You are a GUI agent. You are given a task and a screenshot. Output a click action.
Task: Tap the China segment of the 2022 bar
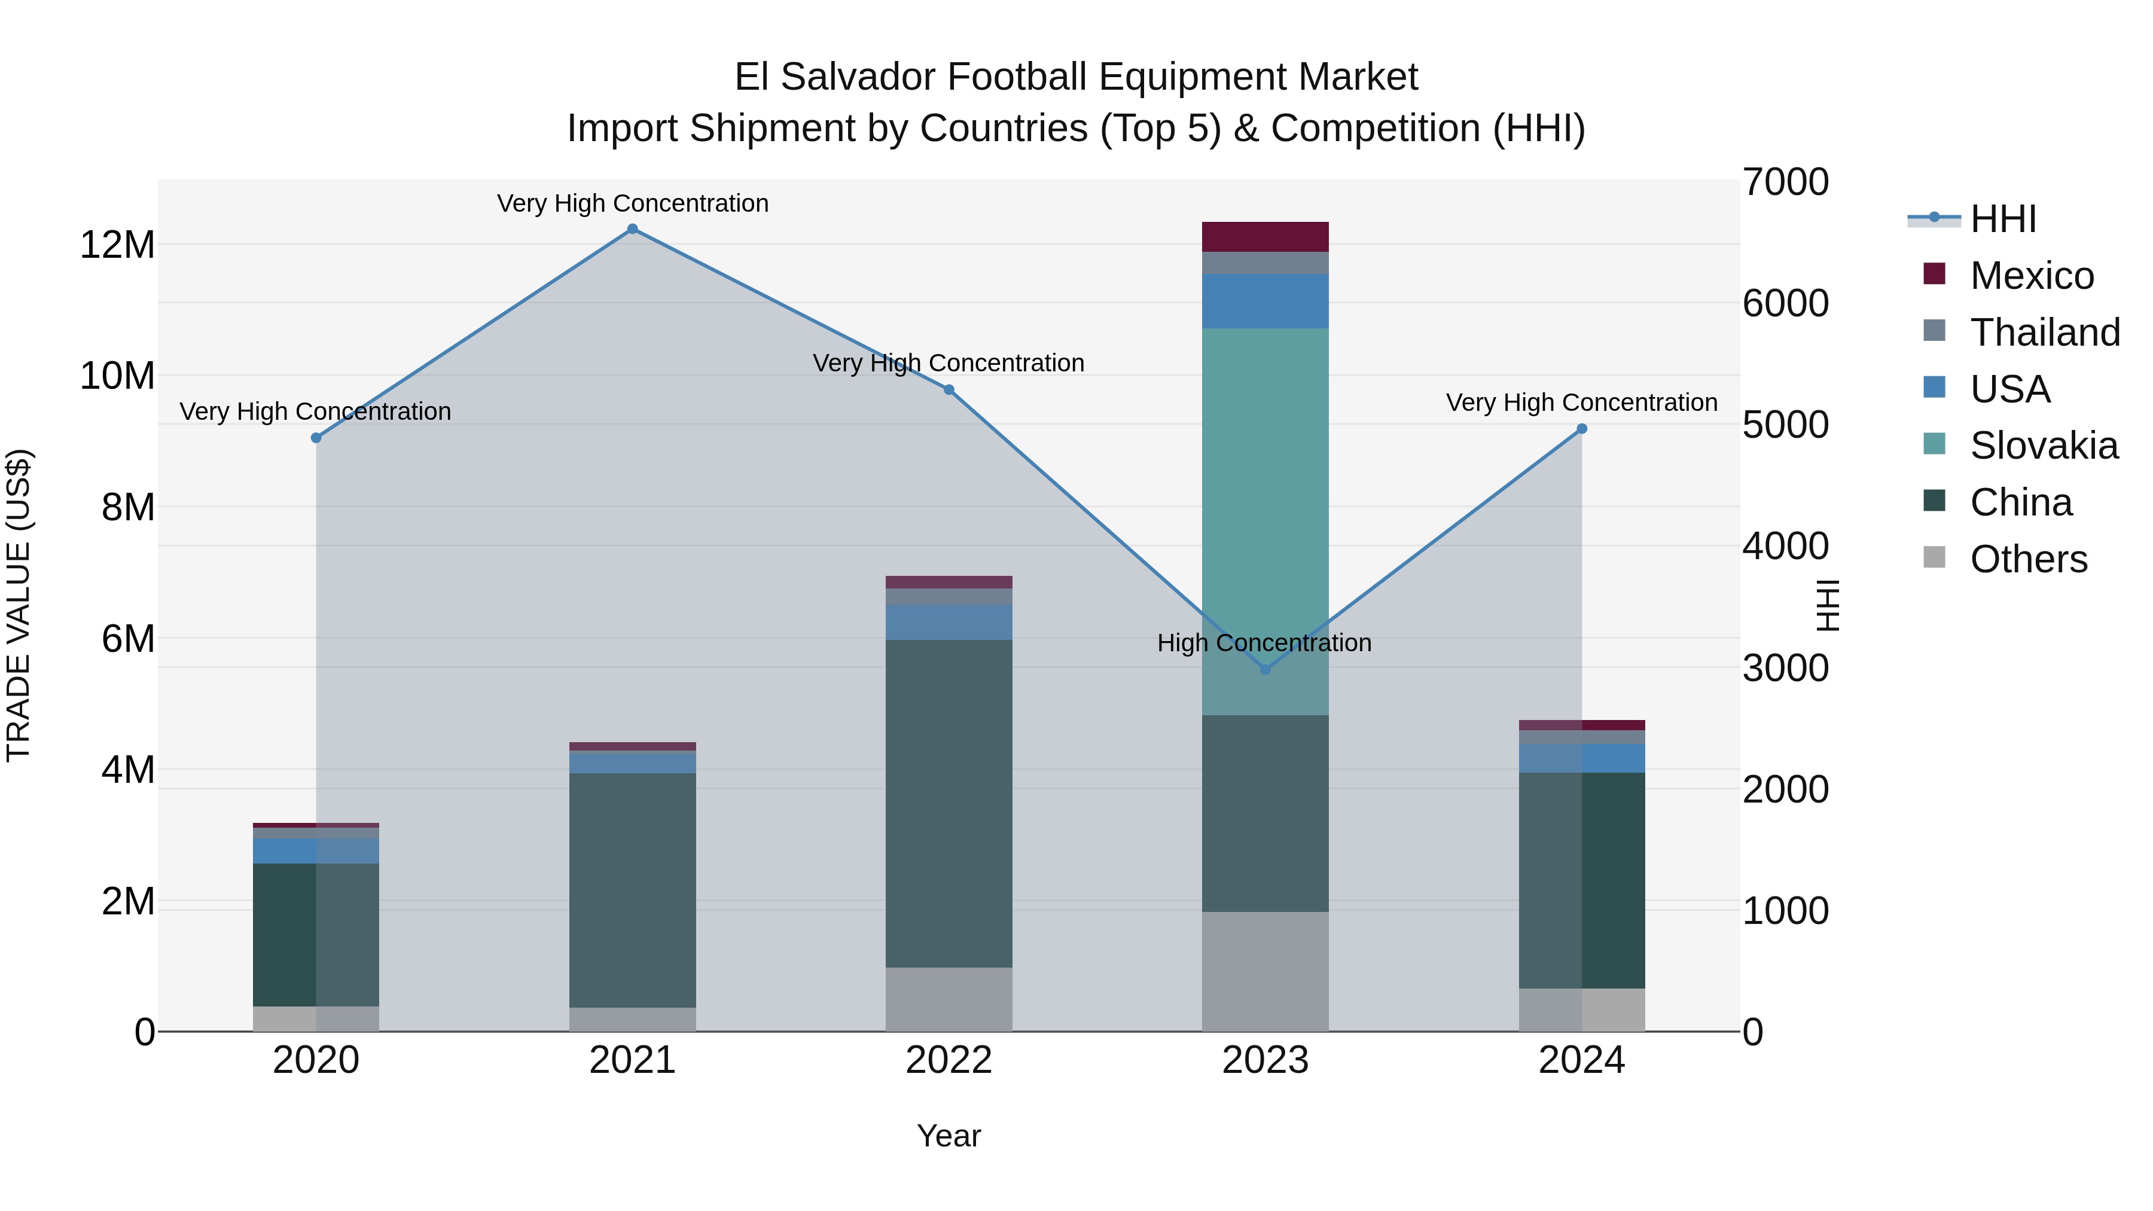click(949, 803)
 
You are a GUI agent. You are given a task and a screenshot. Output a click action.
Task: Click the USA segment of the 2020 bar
click(316, 851)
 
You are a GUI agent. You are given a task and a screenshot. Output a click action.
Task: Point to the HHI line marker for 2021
click(632, 229)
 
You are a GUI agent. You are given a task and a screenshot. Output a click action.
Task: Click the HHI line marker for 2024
click(1581, 429)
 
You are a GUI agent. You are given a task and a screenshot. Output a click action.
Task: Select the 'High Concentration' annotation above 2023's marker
click(1264, 643)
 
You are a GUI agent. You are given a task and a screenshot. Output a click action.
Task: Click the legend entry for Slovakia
click(2044, 446)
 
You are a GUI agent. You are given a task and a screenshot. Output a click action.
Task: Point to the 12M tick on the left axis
click(117, 245)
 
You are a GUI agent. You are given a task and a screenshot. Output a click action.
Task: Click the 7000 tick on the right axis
click(1785, 182)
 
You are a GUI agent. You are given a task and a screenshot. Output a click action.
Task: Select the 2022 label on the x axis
click(949, 1060)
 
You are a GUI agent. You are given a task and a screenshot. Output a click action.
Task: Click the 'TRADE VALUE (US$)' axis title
click(19, 605)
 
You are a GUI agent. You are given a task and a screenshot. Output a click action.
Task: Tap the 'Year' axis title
click(949, 1136)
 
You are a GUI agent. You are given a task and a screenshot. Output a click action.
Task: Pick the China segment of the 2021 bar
click(632, 889)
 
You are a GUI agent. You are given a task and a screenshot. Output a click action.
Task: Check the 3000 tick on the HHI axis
click(1785, 668)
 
